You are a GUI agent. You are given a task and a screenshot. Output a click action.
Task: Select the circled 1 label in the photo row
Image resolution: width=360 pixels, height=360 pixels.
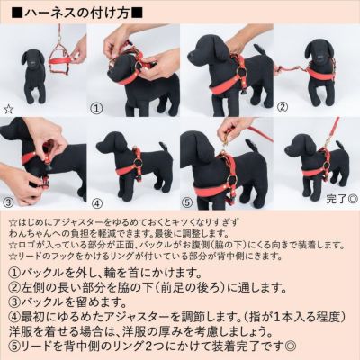(x=97, y=107)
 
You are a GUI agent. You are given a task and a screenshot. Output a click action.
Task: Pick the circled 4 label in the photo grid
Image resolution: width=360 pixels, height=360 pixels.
(x=97, y=202)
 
